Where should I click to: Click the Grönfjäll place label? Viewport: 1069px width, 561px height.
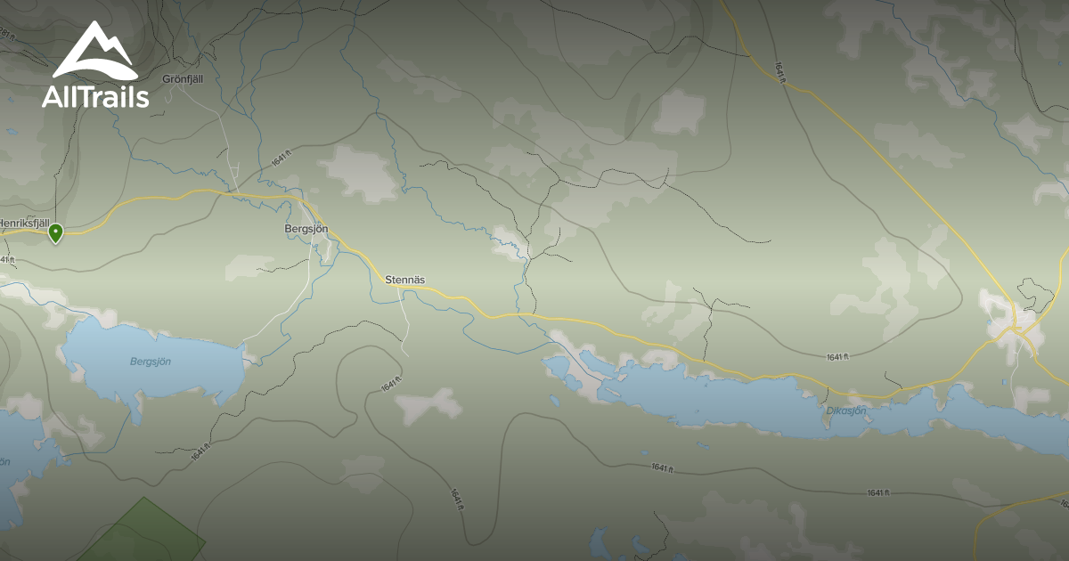tap(183, 79)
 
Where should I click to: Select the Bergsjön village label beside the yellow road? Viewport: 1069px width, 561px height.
tap(306, 229)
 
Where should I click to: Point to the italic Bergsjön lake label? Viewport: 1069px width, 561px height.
tap(151, 362)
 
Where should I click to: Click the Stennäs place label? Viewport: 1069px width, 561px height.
tap(404, 280)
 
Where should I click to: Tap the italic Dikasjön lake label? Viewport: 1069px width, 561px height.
tap(845, 411)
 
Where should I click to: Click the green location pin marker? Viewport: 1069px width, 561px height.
tap(55, 233)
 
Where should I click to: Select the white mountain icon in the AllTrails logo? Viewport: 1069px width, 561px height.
tap(94, 52)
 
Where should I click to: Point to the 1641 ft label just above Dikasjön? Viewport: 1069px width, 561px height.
tap(837, 357)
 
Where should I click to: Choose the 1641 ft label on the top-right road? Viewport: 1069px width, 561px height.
tap(781, 72)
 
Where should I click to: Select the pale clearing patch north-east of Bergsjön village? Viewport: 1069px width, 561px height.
tap(360, 173)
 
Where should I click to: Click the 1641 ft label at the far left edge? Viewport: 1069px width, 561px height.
tap(7, 259)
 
